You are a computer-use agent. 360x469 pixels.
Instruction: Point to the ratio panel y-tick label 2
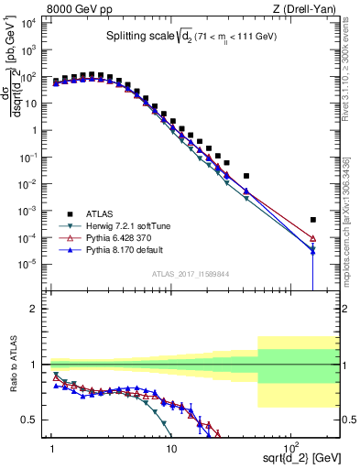coord(37,309)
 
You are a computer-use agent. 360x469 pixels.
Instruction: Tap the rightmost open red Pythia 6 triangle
coord(313,237)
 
